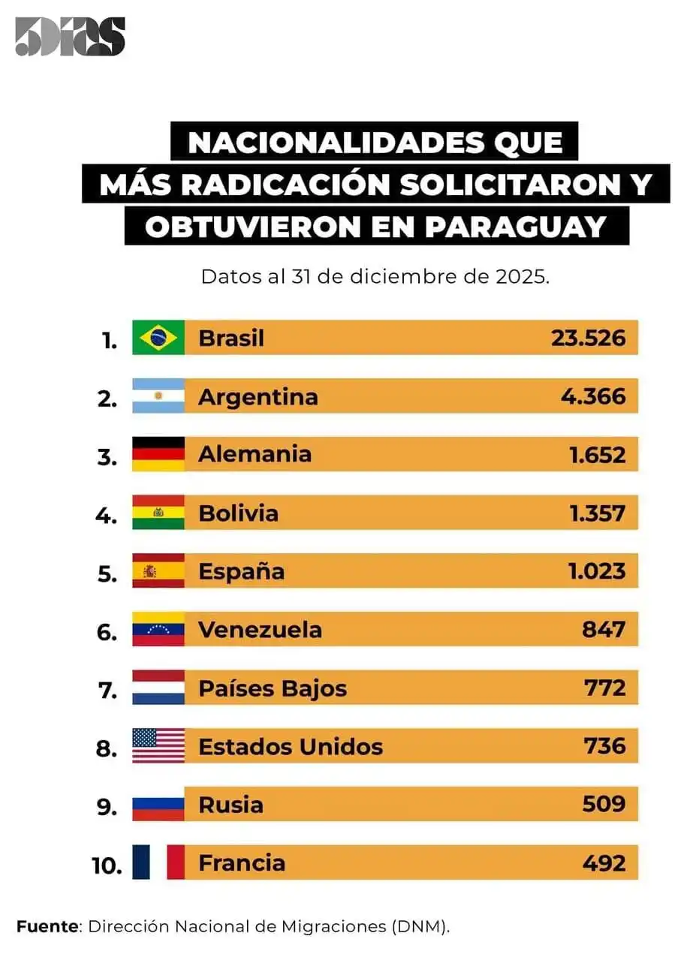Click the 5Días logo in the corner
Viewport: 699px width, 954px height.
(70, 37)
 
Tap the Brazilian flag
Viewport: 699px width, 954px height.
(158, 338)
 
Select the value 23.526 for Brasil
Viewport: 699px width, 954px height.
(588, 338)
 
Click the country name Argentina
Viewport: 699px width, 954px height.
(258, 396)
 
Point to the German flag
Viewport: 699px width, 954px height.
(158, 454)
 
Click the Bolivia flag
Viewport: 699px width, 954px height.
(158, 513)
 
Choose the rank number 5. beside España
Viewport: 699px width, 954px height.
(107, 574)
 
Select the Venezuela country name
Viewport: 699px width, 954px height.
(260, 629)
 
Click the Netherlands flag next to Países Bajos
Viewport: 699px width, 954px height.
(158, 688)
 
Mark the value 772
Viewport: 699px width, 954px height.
(604, 688)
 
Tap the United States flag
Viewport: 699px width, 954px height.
(158, 746)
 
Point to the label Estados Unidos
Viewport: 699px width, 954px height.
(291, 746)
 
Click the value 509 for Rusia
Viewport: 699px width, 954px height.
(604, 805)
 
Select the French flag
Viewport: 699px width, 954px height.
(158, 862)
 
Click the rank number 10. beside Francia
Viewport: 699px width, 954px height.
(107, 865)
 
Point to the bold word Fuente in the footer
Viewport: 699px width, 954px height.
(47, 925)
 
